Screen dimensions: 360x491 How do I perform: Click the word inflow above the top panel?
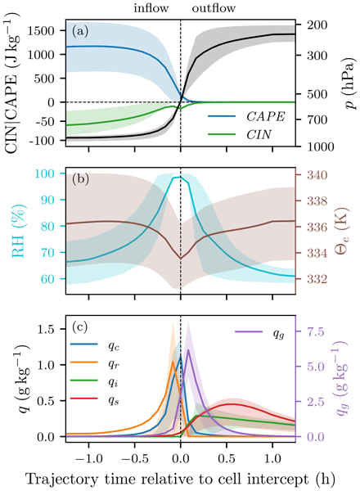(x=151, y=8)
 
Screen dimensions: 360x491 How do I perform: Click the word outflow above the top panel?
(x=214, y=8)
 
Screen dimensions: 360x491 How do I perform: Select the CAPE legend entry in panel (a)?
(x=246, y=116)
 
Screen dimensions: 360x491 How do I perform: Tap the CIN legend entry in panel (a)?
(x=240, y=135)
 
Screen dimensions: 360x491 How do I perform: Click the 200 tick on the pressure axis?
(x=317, y=25)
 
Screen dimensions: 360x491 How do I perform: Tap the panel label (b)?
(x=80, y=178)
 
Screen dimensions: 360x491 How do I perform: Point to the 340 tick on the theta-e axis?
(x=317, y=175)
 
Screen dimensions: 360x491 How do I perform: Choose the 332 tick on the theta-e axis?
(x=317, y=279)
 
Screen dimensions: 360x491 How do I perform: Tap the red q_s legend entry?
(x=95, y=399)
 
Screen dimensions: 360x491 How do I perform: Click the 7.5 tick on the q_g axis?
(x=316, y=331)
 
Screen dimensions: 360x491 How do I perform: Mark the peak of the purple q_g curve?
(x=188, y=349)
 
